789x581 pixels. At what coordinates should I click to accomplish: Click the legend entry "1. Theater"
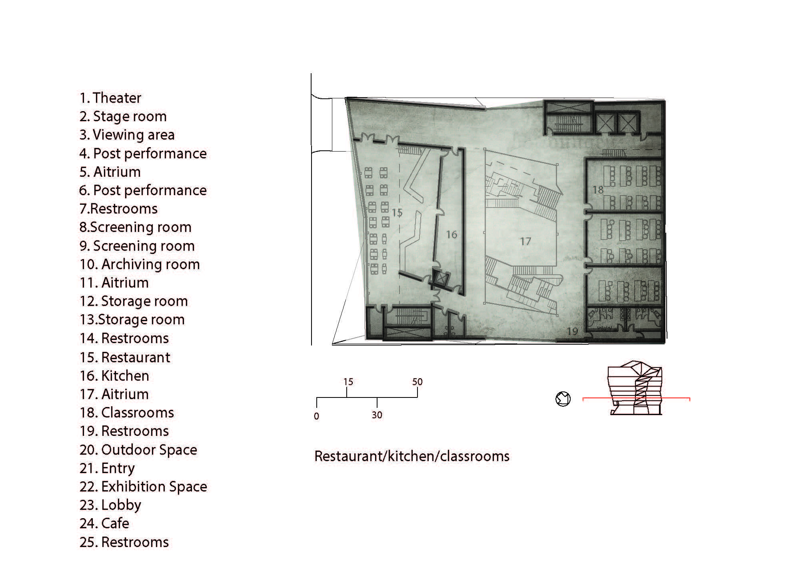[x=110, y=98]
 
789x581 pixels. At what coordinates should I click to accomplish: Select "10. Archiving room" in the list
[x=140, y=264]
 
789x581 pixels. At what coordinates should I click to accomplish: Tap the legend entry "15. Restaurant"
[x=125, y=357]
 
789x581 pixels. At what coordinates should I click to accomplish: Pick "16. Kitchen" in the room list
[x=114, y=376]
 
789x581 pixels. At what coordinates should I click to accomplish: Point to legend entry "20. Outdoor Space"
[x=138, y=450]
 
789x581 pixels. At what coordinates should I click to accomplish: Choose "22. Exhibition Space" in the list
[x=143, y=487]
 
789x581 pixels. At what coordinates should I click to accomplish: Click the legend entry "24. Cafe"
[x=104, y=523]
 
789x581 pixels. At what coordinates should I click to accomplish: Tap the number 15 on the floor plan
[x=397, y=213]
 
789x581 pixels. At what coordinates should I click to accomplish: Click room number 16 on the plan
[x=451, y=234]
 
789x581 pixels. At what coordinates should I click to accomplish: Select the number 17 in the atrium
[x=525, y=241]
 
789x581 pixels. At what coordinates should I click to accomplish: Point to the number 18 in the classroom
[x=598, y=190]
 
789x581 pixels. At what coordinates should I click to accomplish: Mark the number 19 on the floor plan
[x=572, y=331]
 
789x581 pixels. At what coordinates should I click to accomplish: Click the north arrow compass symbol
[x=563, y=399]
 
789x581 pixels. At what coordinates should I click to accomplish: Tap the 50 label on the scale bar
[x=417, y=382]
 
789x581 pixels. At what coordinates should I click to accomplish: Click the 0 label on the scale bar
[x=316, y=416]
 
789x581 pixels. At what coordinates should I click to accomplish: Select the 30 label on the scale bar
[x=377, y=415]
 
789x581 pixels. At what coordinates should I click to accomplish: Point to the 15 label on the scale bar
[x=348, y=382]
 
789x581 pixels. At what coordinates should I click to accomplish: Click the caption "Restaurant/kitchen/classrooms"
[x=412, y=456]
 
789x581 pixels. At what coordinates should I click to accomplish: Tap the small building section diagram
[x=636, y=388]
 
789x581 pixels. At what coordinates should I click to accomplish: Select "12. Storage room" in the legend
[x=134, y=301]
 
